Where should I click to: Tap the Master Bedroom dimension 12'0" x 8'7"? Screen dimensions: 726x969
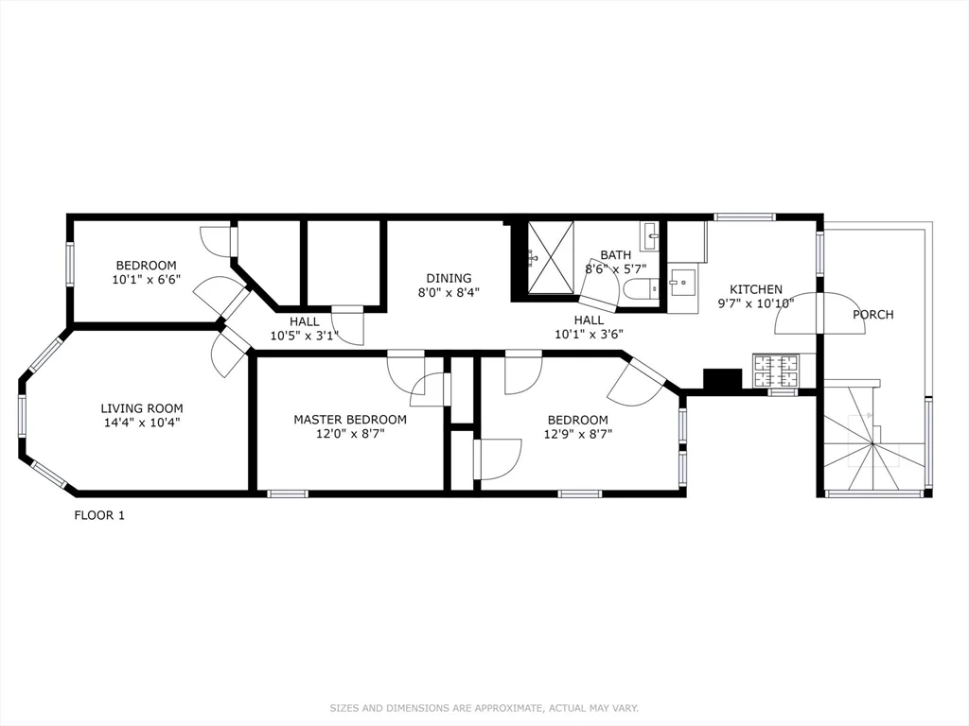coord(349,434)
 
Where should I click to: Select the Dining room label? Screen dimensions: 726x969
coord(449,278)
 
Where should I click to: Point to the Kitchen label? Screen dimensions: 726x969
coord(755,289)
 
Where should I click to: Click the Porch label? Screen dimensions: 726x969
coord(872,314)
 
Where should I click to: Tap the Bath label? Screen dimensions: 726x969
coord(615,255)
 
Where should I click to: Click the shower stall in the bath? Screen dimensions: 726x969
coord(550,257)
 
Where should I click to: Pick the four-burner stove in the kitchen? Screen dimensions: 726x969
coord(777,370)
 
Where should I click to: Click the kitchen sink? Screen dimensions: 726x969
coord(681,282)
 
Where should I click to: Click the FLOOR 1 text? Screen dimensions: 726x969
coord(99,515)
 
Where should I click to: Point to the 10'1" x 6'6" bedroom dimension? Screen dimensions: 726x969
coord(147,280)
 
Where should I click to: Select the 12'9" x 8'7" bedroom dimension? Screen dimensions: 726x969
coord(577,434)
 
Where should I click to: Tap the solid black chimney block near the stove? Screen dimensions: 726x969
coord(723,379)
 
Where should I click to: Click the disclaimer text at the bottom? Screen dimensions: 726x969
coord(484,707)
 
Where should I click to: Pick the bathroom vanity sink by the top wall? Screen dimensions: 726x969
coord(650,235)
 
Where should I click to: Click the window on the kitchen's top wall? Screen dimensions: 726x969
coord(744,216)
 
